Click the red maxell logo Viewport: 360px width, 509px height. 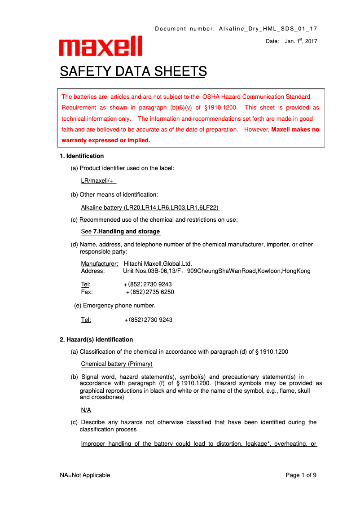click(x=101, y=46)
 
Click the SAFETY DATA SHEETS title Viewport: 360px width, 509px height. click(x=133, y=71)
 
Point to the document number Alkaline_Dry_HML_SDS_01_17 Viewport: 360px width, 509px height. click(x=268, y=29)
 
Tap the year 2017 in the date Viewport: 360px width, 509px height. click(x=311, y=41)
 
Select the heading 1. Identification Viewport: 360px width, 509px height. click(x=82, y=156)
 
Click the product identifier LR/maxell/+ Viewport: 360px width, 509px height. click(x=98, y=181)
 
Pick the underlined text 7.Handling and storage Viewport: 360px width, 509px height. click(x=127, y=232)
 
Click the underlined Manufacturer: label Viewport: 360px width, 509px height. click(x=100, y=263)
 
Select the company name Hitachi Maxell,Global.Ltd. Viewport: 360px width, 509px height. click(x=161, y=263)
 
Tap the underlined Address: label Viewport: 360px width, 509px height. click(x=92, y=271)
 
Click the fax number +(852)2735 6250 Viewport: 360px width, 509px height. click(x=149, y=292)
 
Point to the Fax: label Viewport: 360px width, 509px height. click(x=87, y=292)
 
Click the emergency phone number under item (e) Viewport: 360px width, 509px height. click(x=148, y=320)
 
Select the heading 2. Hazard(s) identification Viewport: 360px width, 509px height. click(x=96, y=339)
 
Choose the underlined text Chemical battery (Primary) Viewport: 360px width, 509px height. click(x=117, y=364)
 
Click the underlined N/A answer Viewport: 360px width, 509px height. click(x=86, y=410)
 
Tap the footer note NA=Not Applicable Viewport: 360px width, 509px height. click(x=85, y=475)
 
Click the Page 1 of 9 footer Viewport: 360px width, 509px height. click(x=301, y=475)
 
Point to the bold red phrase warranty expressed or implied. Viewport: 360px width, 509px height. click(x=106, y=140)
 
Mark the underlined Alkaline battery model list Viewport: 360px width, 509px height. click(x=150, y=208)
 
